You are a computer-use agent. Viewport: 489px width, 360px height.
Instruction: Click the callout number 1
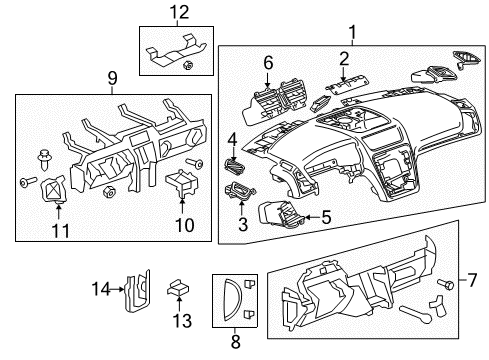(350, 35)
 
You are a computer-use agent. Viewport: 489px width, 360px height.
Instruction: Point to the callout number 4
(232, 140)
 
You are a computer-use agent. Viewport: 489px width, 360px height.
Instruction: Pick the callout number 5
(325, 216)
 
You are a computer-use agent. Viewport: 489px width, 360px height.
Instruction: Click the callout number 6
(267, 62)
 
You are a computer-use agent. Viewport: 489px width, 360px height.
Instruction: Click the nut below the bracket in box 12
(189, 66)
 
